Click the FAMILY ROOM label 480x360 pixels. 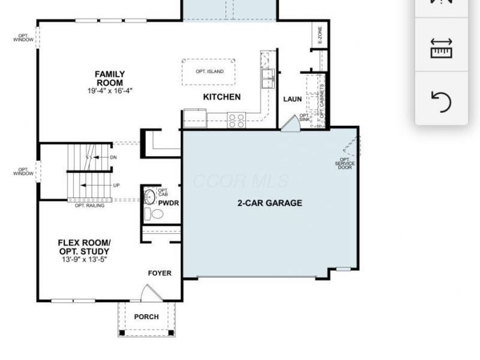109,79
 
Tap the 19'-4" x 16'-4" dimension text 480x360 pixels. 109,91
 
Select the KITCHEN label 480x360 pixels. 221,97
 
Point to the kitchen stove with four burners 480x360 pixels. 236,121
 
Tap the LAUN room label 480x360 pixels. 292,100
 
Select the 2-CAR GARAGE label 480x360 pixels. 269,203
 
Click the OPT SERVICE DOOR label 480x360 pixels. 345,163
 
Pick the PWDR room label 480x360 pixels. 169,203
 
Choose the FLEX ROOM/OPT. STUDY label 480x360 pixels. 84,247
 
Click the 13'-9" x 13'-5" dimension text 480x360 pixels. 84,260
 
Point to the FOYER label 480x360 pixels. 160,274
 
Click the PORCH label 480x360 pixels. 146,317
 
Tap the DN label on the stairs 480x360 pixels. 113,157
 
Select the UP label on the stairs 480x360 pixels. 116,185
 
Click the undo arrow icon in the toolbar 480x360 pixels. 441,102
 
